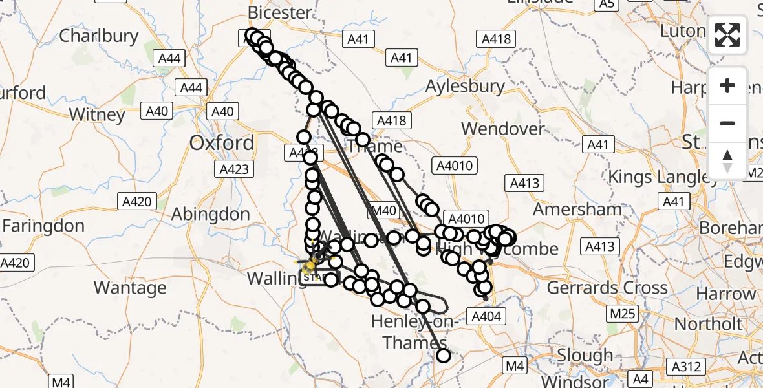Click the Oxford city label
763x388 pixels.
point(222,143)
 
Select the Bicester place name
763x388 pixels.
point(279,12)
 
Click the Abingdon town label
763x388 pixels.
point(210,214)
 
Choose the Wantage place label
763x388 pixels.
point(130,286)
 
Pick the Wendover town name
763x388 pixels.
point(504,129)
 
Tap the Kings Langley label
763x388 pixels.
point(656,177)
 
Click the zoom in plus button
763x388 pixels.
point(727,85)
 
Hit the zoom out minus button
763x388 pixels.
point(727,123)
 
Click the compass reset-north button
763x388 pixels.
point(727,160)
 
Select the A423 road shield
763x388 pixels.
point(232,169)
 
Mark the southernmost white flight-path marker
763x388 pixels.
point(444,355)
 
